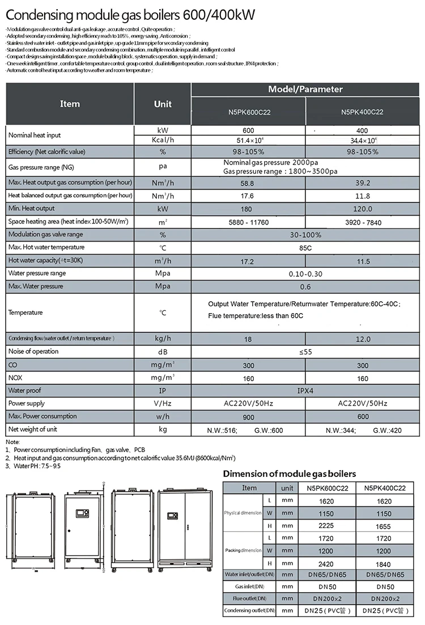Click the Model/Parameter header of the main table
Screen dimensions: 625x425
pos(305,90)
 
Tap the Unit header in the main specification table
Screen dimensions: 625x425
pos(163,104)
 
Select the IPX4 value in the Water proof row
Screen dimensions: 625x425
pos(305,391)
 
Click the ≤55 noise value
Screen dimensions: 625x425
pos(305,352)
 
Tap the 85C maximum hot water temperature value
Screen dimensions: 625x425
pos(305,248)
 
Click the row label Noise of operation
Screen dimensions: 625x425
pos(33,352)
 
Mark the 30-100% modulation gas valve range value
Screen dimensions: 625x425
pos(305,235)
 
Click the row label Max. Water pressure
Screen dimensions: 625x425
pos(36,286)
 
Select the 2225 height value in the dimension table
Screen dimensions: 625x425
pos(326,526)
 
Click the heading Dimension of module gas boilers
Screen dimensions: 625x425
pos(290,474)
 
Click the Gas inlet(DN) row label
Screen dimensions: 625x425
pos(249,586)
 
